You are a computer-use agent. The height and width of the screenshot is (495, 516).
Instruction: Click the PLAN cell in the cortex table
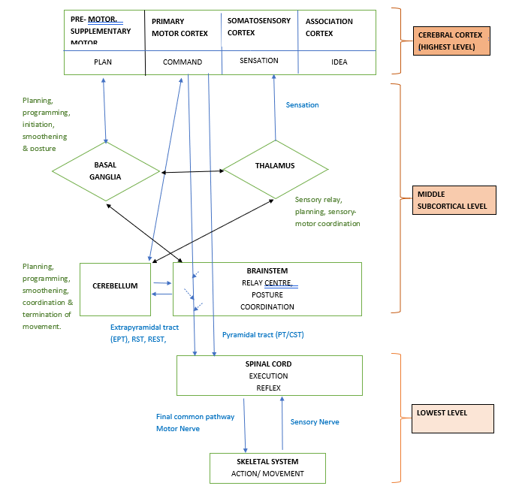(x=103, y=62)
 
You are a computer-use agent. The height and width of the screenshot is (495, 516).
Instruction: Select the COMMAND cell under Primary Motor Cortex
(x=183, y=62)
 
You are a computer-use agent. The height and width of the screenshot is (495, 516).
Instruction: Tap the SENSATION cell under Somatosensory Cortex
(x=258, y=61)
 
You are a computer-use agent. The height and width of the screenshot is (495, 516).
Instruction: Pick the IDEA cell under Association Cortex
(x=339, y=62)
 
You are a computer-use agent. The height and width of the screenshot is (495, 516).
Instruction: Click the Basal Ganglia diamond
(x=106, y=171)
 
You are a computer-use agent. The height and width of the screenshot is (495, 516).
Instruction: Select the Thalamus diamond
(x=275, y=167)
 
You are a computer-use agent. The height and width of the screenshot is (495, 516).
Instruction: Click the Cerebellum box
(x=115, y=285)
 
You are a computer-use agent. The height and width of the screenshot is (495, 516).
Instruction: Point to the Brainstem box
(x=267, y=288)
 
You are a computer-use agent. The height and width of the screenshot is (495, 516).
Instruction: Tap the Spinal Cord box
(x=269, y=375)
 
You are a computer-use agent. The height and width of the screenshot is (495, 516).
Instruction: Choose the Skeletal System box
(x=267, y=468)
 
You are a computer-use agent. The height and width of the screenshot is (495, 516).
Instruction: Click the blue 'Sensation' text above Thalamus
(x=302, y=105)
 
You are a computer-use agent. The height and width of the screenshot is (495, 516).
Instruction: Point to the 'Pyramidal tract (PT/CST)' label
(x=263, y=334)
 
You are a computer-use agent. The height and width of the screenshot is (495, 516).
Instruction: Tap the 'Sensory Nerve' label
(x=315, y=422)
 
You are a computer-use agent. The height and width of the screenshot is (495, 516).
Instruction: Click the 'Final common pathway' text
(x=195, y=416)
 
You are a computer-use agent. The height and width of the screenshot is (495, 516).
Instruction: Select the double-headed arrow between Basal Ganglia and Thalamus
(x=192, y=172)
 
